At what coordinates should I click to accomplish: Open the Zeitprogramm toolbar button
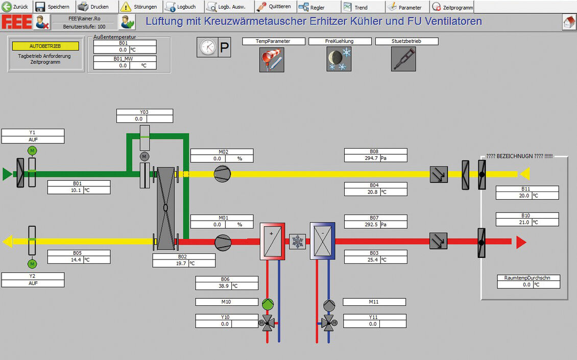tap(452, 7)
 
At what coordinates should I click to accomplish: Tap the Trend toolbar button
tap(356, 7)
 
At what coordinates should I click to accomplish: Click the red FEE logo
tap(17, 22)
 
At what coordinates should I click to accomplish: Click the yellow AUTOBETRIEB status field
tap(45, 46)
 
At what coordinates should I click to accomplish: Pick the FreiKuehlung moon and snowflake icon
tap(339, 59)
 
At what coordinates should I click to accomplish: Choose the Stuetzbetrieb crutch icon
tap(404, 59)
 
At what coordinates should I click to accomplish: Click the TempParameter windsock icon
tap(272, 60)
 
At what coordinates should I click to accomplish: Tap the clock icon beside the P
tap(207, 47)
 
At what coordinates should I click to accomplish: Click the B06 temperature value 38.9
tap(223, 286)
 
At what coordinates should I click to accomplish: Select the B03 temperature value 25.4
tap(372, 260)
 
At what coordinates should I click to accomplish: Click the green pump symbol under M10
tap(268, 304)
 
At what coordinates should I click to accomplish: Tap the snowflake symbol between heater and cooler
tap(297, 242)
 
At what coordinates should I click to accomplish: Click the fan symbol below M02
tap(223, 174)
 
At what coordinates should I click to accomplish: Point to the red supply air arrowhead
tap(521, 242)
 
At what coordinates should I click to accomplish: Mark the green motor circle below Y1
tap(32, 151)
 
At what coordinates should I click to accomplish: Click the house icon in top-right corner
tap(569, 22)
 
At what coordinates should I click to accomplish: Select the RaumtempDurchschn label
tap(527, 278)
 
